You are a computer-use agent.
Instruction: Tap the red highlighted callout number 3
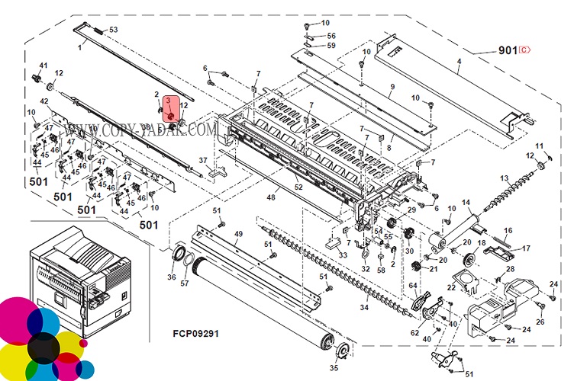click(x=168, y=101)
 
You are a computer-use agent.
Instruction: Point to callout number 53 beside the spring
click(x=114, y=30)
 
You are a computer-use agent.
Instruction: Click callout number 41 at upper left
click(x=44, y=66)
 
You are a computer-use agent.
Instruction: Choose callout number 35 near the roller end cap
click(x=334, y=367)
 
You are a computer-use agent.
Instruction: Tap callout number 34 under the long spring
click(x=364, y=307)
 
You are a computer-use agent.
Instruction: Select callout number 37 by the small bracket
click(x=203, y=160)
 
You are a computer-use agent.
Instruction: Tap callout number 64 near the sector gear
click(x=412, y=286)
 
